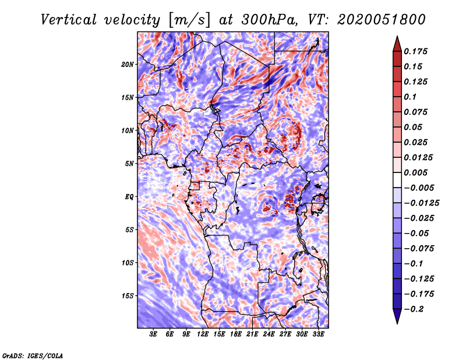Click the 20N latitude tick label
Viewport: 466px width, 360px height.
tap(128, 64)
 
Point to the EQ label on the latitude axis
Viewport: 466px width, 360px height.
tap(129, 197)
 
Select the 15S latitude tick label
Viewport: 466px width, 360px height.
tap(128, 296)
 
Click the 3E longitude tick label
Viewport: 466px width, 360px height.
tap(154, 335)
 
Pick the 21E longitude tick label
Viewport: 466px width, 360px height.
tap(252, 335)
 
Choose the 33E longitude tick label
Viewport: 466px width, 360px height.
tap(318, 335)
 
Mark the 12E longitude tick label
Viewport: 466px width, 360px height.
tap(203, 335)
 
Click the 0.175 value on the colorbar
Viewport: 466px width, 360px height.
tap(418, 51)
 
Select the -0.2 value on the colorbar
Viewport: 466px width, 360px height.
tap(415, 309)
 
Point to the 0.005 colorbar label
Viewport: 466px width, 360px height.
tap(418, 173)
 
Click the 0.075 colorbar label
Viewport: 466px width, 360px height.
tap(418, 112)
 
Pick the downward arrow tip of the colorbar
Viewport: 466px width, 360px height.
tap(397, 322)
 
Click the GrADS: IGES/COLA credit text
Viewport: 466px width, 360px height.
tap(33, 355)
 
